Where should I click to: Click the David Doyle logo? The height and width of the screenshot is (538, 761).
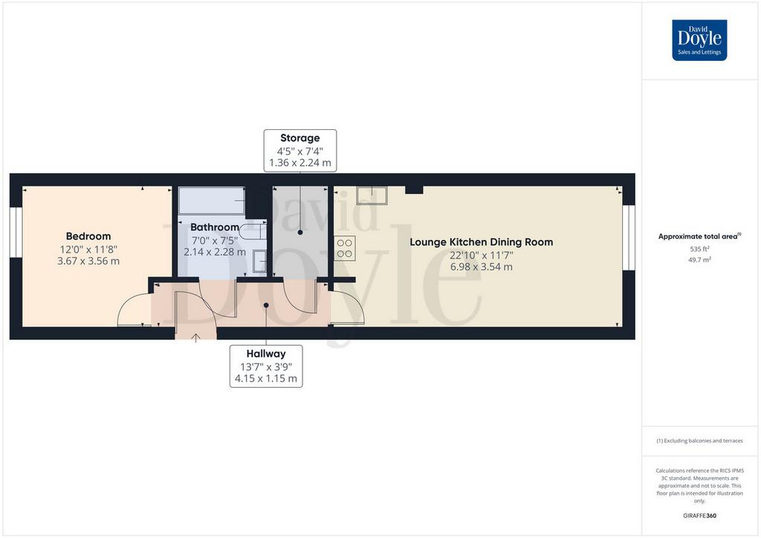point(699,40)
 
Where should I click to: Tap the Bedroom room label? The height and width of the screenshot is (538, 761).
point(88,236)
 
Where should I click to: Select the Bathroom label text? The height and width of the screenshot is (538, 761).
point(215,227)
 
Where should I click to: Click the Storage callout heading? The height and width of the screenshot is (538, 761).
point(300,137)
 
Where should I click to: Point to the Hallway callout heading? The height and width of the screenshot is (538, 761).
point(266,354)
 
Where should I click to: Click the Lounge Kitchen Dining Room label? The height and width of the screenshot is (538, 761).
point(482,242)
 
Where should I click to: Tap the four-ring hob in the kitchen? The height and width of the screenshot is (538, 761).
point(345,248)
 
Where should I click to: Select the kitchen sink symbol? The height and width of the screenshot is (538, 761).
point(372,195)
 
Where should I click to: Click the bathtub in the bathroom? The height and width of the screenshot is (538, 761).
point(212,201)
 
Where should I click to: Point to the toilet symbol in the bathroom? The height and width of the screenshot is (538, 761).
point(253,232)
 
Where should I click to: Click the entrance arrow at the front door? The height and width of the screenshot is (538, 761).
point(195,337)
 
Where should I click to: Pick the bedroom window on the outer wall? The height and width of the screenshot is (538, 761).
point(16,232)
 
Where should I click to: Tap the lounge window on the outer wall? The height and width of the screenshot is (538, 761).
point(629,237)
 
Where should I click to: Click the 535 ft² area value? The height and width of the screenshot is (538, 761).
point(699,249)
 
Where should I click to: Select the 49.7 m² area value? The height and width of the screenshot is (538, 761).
point(699,259)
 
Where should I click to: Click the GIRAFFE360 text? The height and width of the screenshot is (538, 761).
point(699,516)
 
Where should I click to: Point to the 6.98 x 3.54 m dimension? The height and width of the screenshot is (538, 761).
point(482,267)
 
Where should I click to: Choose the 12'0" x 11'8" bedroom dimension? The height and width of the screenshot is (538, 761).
point(88,250)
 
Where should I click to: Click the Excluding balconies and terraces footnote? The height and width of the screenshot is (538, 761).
point(699,441)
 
